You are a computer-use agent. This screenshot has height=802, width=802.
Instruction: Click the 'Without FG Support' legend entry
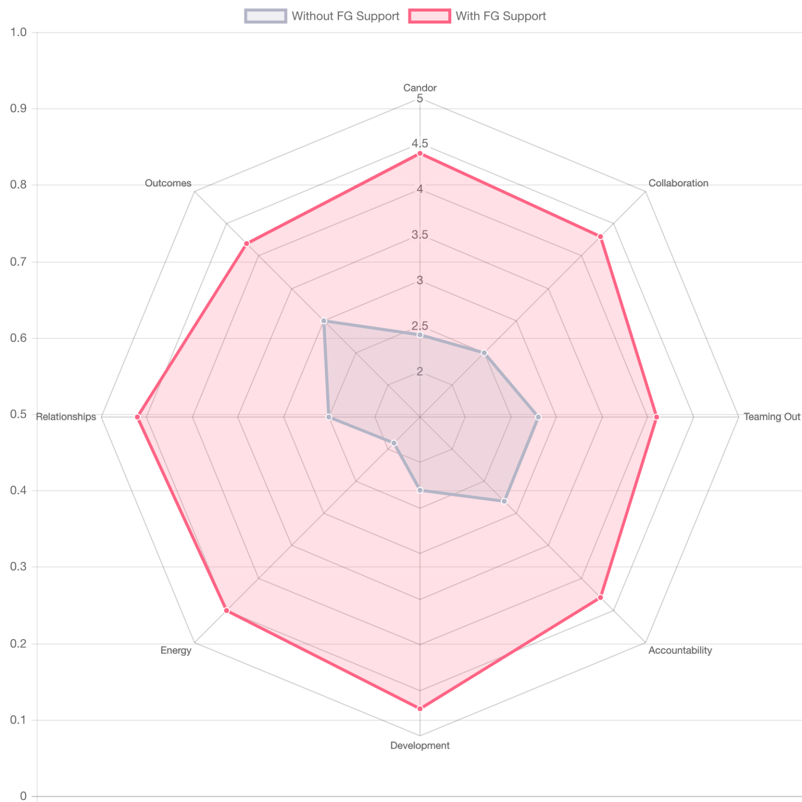point(322,16)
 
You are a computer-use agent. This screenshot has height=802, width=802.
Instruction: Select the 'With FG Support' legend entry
point(477,16)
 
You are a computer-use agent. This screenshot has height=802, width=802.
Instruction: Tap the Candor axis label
point(420,88)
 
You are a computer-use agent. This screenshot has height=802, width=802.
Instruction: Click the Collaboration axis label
point(678,183)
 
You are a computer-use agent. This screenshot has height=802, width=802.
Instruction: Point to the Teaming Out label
point(772,417)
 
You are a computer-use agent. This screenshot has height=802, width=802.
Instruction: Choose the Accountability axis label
point(680,650)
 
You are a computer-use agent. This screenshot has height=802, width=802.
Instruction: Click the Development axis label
point(420,746)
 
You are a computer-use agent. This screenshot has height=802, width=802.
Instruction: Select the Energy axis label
point(176,650)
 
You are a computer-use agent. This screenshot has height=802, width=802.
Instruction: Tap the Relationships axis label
point(66,417)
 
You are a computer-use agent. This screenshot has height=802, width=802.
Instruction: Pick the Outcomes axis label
point(168,183)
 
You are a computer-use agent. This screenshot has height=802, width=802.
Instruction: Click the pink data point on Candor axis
point(420,153)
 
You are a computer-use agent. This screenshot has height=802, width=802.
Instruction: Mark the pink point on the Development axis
point(420,709)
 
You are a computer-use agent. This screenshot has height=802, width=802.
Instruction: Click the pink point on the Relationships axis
point(137,417)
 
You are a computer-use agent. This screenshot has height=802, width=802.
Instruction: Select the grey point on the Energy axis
point(394,443)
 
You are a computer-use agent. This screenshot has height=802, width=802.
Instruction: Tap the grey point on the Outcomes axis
point(324,321)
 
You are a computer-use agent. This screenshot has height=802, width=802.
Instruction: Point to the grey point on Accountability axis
point(504,501)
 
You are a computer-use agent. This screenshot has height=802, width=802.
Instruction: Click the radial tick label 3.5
point(420,235)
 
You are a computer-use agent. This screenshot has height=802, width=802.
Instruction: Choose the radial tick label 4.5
point(420,144)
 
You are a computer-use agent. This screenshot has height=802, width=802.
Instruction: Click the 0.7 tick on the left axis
point(18,261)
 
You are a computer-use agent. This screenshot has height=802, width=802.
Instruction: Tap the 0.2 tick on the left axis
point(18,643)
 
